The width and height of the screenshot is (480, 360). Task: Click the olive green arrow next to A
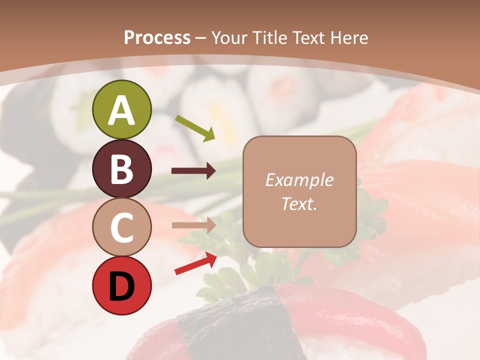(195, 128)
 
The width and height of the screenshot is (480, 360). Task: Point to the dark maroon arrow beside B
(193, 171)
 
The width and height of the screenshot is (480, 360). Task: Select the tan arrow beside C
(193, 225)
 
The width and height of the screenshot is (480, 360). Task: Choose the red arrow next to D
(195, 263)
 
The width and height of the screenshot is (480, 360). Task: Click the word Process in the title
(157, 37)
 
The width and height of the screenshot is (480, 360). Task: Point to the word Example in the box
(299, 180)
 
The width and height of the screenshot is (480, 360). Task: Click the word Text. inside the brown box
(299, 204)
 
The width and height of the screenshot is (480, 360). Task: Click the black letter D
(121, 286)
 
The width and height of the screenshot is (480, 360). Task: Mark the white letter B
(121, 169)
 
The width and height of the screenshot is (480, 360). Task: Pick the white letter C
(121, 228)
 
